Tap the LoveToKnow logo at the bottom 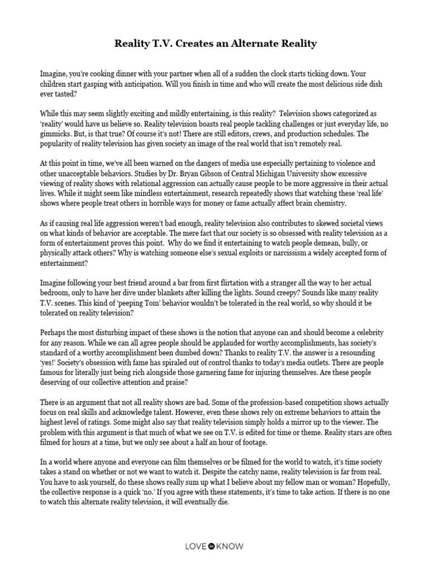214,546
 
